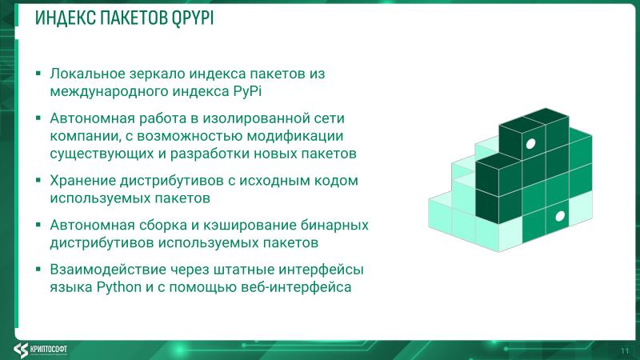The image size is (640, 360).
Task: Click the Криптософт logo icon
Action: point(21,348)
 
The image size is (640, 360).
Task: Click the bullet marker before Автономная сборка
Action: point(38,226)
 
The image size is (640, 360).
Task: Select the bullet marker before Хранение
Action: point(38,181)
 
